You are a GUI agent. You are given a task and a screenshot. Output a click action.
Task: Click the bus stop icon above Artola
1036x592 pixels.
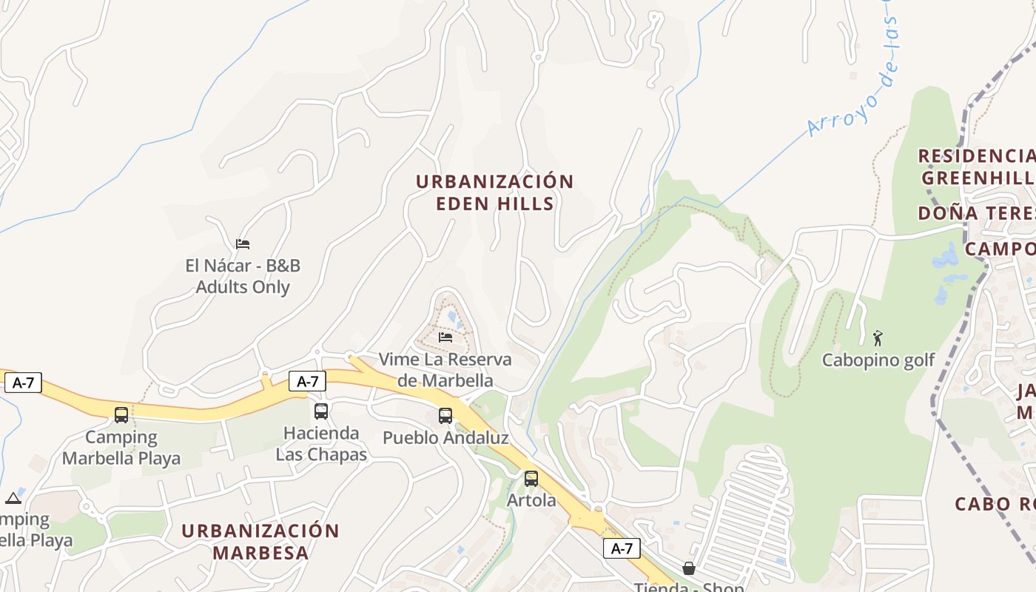click(531, 478)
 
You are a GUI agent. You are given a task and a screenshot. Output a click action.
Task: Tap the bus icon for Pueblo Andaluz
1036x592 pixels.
click(445, 416)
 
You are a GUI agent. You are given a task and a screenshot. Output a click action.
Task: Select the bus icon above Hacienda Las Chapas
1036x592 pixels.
click(320, 411)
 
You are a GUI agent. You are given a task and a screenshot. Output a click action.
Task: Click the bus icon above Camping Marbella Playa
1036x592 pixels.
click(121, 415)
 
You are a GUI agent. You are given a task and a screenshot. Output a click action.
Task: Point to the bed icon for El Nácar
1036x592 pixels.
click(243, 244)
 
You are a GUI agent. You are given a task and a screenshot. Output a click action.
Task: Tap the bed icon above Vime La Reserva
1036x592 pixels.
click(445, 337)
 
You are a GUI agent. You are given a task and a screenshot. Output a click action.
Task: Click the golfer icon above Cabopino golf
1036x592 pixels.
click(878, 338)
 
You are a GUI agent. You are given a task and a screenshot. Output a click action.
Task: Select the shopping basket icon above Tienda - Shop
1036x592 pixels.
click(688, 568)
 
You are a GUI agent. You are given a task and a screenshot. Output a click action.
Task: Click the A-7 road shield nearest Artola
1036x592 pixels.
click(622, 548)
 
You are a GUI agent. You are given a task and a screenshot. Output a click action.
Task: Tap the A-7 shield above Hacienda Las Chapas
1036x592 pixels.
click(307, 381)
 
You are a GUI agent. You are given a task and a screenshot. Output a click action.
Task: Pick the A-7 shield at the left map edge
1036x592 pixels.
click(23, 383)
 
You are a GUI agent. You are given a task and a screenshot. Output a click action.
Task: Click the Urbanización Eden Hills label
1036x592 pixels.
click(494, 192)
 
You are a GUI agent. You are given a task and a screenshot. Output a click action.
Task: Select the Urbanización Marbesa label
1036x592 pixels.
click(260, 542)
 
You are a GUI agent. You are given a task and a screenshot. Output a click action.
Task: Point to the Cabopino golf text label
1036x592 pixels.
click(878, 360)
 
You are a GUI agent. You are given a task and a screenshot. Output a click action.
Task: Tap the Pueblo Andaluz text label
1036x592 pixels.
click(445, 437)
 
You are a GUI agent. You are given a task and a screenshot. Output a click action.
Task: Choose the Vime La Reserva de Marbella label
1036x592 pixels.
click(445, 370)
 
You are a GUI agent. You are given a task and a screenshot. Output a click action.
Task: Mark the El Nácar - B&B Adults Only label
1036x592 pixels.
click(243, 276)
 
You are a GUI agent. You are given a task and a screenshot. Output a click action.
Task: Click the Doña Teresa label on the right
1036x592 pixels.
click(977, 214)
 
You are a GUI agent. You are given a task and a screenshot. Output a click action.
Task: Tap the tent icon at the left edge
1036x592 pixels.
click(13, 498)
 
